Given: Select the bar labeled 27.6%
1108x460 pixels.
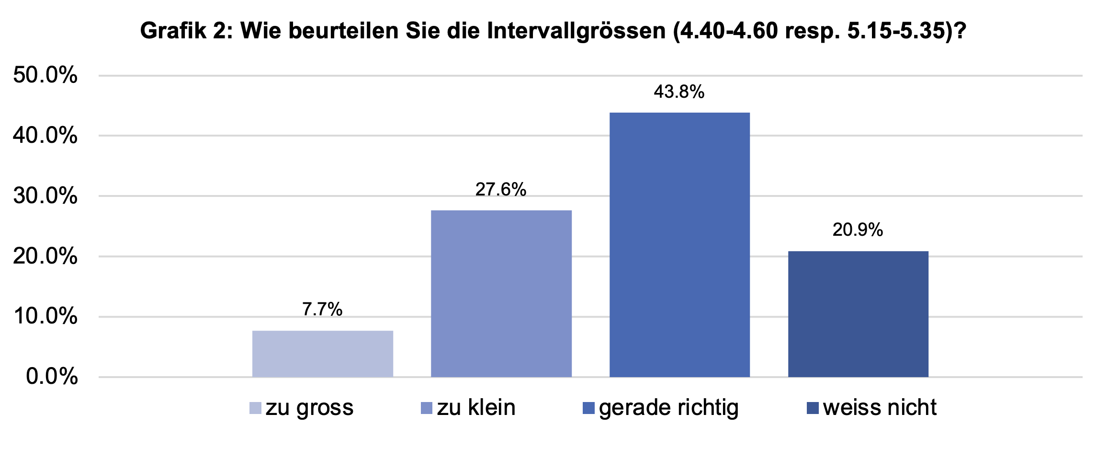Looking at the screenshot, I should pos(501,293).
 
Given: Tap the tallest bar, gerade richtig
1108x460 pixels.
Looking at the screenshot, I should pos(679,244).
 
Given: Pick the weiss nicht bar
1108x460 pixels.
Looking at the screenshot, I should pos(858,314).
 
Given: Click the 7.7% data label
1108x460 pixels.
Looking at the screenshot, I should pos(322,310).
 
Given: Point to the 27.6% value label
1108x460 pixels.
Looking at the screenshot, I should pos(501,190).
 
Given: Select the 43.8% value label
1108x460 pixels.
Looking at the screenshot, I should pos(679,92).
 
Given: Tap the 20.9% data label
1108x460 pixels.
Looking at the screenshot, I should pos(858,230).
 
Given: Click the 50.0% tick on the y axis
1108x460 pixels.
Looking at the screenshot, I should pos(45,75).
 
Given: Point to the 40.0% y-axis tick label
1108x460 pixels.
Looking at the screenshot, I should pos(45,136).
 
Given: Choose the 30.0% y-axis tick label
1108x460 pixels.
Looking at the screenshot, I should pos(45,196).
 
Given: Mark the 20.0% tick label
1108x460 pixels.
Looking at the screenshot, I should pos(45,256).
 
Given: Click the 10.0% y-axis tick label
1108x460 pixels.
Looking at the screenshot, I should pos(45,317).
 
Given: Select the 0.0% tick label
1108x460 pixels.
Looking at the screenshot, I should pos(52,377).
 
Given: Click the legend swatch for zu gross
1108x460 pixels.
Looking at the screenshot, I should pos(256,408).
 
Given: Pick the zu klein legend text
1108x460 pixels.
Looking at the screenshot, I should pos(476,408).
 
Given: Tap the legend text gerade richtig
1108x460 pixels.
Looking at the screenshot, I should pos(668,408).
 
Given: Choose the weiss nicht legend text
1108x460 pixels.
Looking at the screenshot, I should pos(880,408).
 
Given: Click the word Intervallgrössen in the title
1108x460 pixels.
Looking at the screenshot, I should pos(576,32).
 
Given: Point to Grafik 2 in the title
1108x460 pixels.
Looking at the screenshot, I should pos(183,32).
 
